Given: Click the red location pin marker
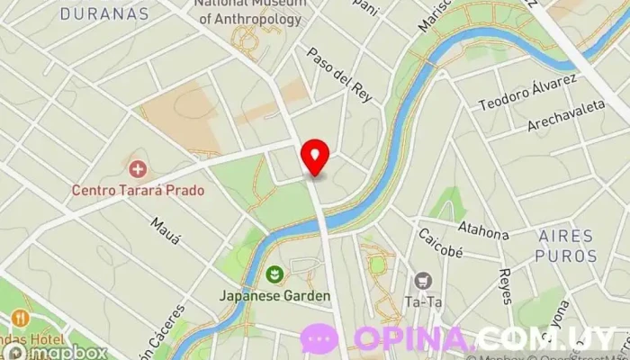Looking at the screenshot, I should [315, 157].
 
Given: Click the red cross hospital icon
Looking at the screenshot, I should [138, 168].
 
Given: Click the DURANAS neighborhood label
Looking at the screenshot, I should [105, 14].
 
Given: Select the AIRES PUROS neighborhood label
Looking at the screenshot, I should [566, 245].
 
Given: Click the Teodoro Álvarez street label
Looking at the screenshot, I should [527, 93].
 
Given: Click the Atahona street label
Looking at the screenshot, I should [483, 230].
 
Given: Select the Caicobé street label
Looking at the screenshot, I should [440, 243].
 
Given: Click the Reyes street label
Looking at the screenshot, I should [506, 286].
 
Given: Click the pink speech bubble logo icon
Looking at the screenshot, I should [319, 338].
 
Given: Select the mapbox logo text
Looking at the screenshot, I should [63, 352].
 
